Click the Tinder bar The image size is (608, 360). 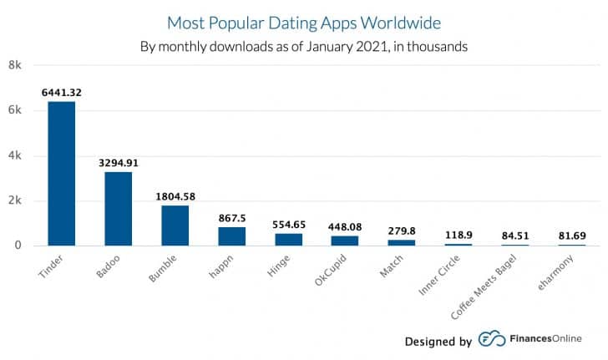coord(61,173)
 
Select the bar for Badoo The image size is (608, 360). coord(118,209)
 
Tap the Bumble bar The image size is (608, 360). coord(175,225)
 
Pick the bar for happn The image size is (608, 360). coord(231,236)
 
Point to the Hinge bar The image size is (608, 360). coord(288,239)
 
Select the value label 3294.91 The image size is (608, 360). coord(118,160)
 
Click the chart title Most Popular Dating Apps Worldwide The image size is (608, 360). coord(303,22)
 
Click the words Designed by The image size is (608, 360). coord(438,341)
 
